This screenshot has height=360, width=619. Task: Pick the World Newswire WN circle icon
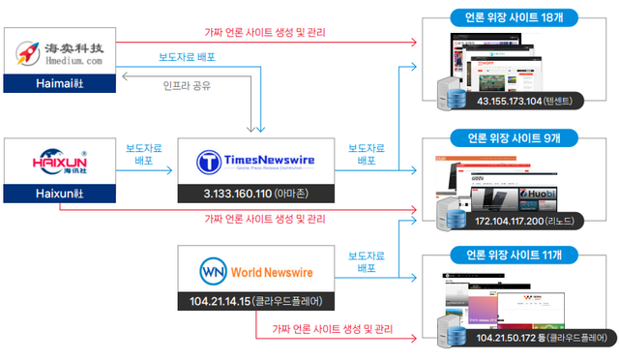(x=214, y=269)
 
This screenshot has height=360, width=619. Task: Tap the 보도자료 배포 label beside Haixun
(x=145, y=156)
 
